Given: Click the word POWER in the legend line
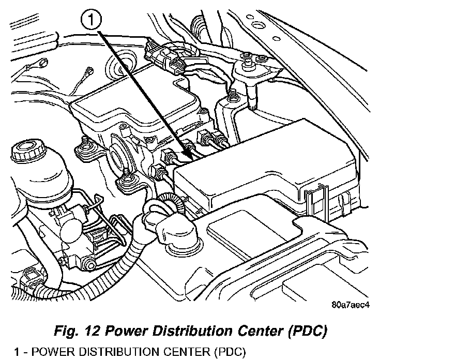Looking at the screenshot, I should [50, 353].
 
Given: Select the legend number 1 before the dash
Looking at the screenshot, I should [17, 353].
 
